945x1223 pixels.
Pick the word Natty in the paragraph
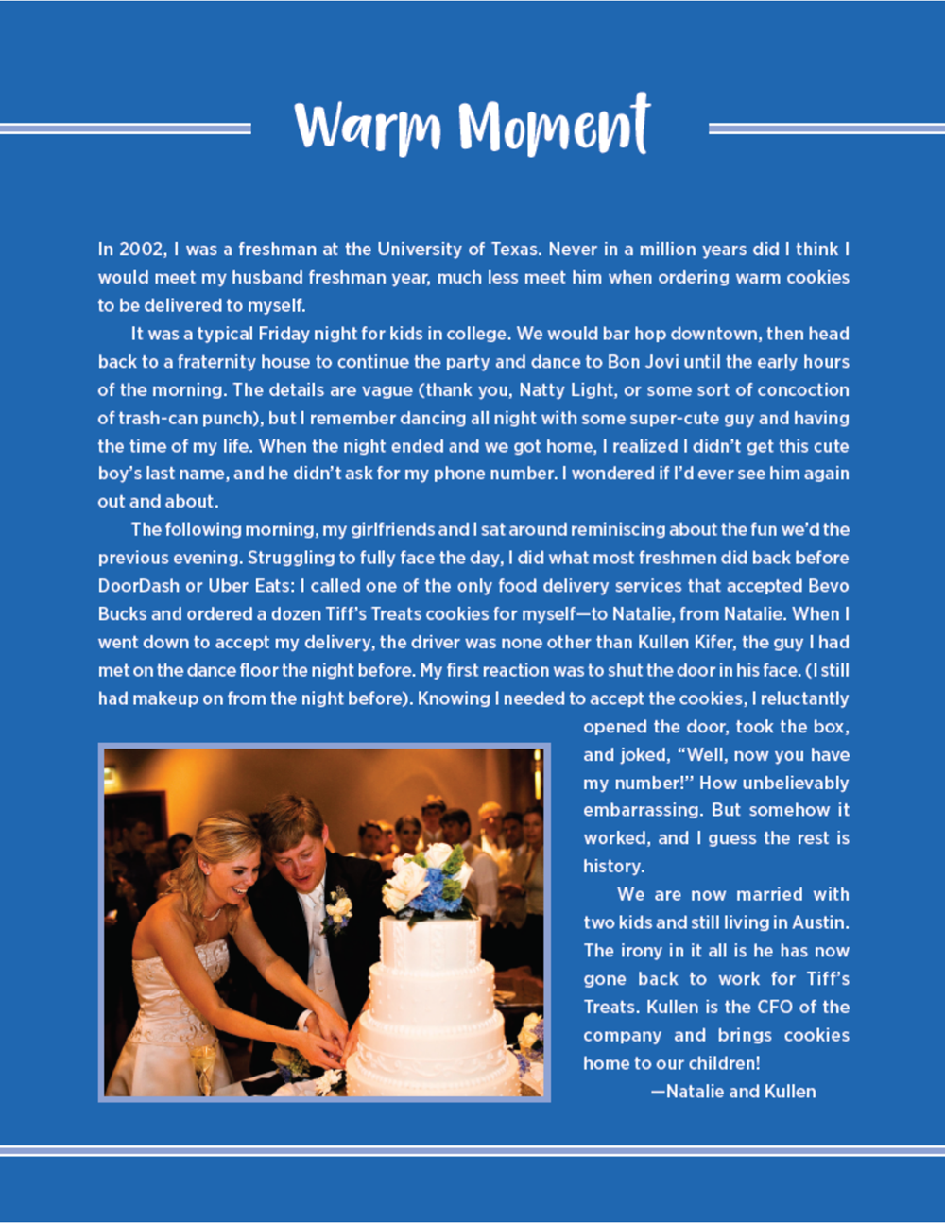point(541,390)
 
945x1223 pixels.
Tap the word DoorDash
point(138,586)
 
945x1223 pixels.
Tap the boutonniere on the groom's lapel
point(337,909)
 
